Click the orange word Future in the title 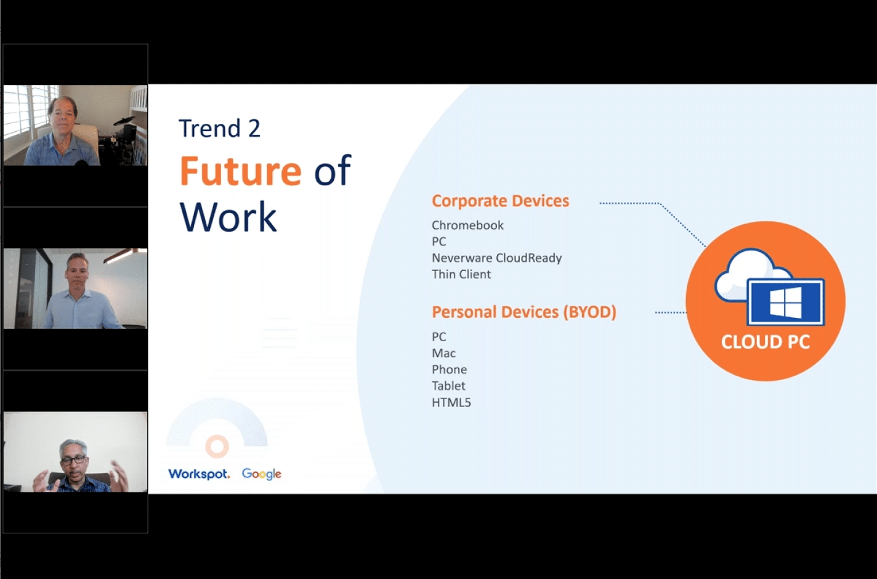(x=240, y=171)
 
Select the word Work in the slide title (x=228, y=217)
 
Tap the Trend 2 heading (x=219, y=129)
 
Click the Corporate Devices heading (x=500, y=201)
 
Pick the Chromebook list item (x=467, y=225)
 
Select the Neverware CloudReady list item (x=496, y=258)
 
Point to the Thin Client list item (x=461, y=274)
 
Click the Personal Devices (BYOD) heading (x=523, y=312)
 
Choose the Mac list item (x=443, y=353)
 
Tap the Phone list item (x=449, y=370)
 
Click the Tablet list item (x=448, y=386)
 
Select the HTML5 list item (x=451, y=402)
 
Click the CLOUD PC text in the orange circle (x=765, y=342)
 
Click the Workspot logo (x=198, y=474)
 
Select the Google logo (x=261, y=474)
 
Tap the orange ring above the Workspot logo (x=217, y=446)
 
